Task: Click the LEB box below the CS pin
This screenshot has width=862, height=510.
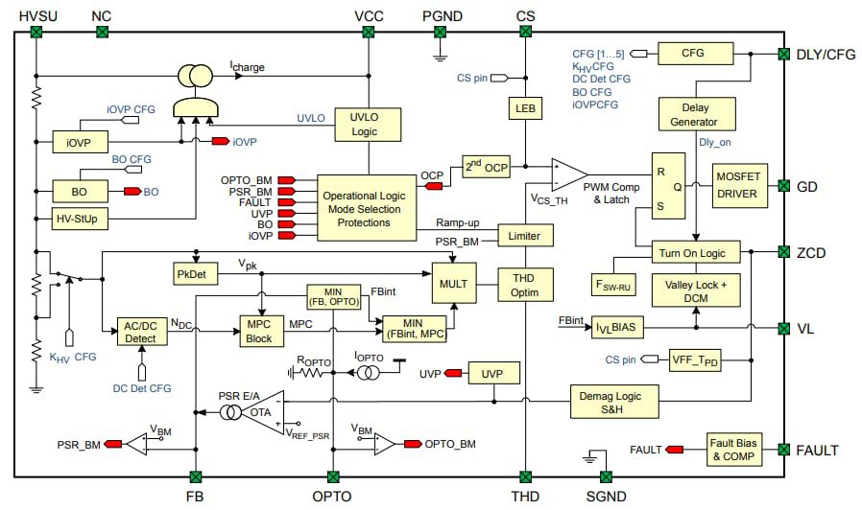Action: [525, 109]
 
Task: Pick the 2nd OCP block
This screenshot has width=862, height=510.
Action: [486, 167]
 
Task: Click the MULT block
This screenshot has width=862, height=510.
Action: [454, 285]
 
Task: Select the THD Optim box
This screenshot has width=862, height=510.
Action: [525, 284]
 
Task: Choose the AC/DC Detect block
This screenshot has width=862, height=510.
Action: [141, 331]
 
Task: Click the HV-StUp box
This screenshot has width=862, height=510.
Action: [81, 219]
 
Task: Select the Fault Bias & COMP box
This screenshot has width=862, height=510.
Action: [735, 450]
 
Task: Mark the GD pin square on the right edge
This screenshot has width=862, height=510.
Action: [783, 186]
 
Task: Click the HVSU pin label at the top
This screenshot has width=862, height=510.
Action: [36, 15]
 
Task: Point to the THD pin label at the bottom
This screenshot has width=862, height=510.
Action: [525, 496]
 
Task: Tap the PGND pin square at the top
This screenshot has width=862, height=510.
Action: [442, 33]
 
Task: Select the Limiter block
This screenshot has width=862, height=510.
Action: [525, 235]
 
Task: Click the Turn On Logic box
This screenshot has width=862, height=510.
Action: [695, 252]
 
